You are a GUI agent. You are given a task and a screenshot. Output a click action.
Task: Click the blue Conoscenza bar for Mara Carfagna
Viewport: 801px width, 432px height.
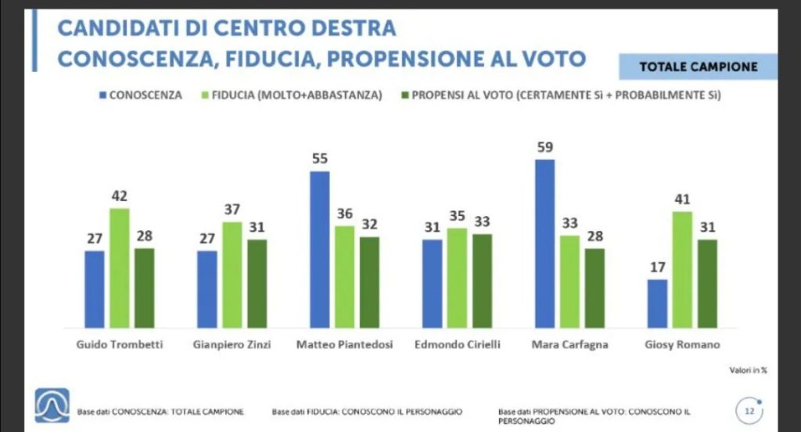(x=544, y=243)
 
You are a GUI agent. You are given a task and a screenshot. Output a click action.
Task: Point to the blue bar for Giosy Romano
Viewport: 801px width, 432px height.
(x=657, y=303)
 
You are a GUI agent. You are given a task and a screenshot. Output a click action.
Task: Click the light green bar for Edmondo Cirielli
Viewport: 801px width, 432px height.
(x=457, y=278)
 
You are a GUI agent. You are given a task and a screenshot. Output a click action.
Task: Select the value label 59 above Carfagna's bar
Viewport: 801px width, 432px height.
(x=544, y=146)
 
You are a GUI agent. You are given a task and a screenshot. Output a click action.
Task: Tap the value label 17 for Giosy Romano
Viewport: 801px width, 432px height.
(x=657, y=266)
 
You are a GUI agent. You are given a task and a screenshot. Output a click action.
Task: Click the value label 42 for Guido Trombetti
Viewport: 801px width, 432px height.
(x=119, y=196)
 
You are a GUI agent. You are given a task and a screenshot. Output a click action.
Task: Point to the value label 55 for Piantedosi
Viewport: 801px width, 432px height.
(x=319, y=158)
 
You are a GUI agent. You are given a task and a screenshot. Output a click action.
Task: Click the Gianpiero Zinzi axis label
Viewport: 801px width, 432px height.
(x=232, y=345)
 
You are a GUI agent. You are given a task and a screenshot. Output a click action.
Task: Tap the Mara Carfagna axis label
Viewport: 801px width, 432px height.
(x=569, y=345)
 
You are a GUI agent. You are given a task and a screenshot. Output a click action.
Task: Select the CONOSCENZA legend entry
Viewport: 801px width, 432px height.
(x=140, y=95)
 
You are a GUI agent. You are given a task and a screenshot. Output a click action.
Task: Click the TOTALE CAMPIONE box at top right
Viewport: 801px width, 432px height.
(x=698, y=67)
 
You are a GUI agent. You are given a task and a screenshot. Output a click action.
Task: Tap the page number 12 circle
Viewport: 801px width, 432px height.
(x=749, y=409)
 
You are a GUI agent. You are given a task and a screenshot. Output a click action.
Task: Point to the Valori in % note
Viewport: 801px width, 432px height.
(x=749, y=370)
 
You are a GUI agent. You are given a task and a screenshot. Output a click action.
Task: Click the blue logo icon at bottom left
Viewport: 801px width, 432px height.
(x=52, y=405)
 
